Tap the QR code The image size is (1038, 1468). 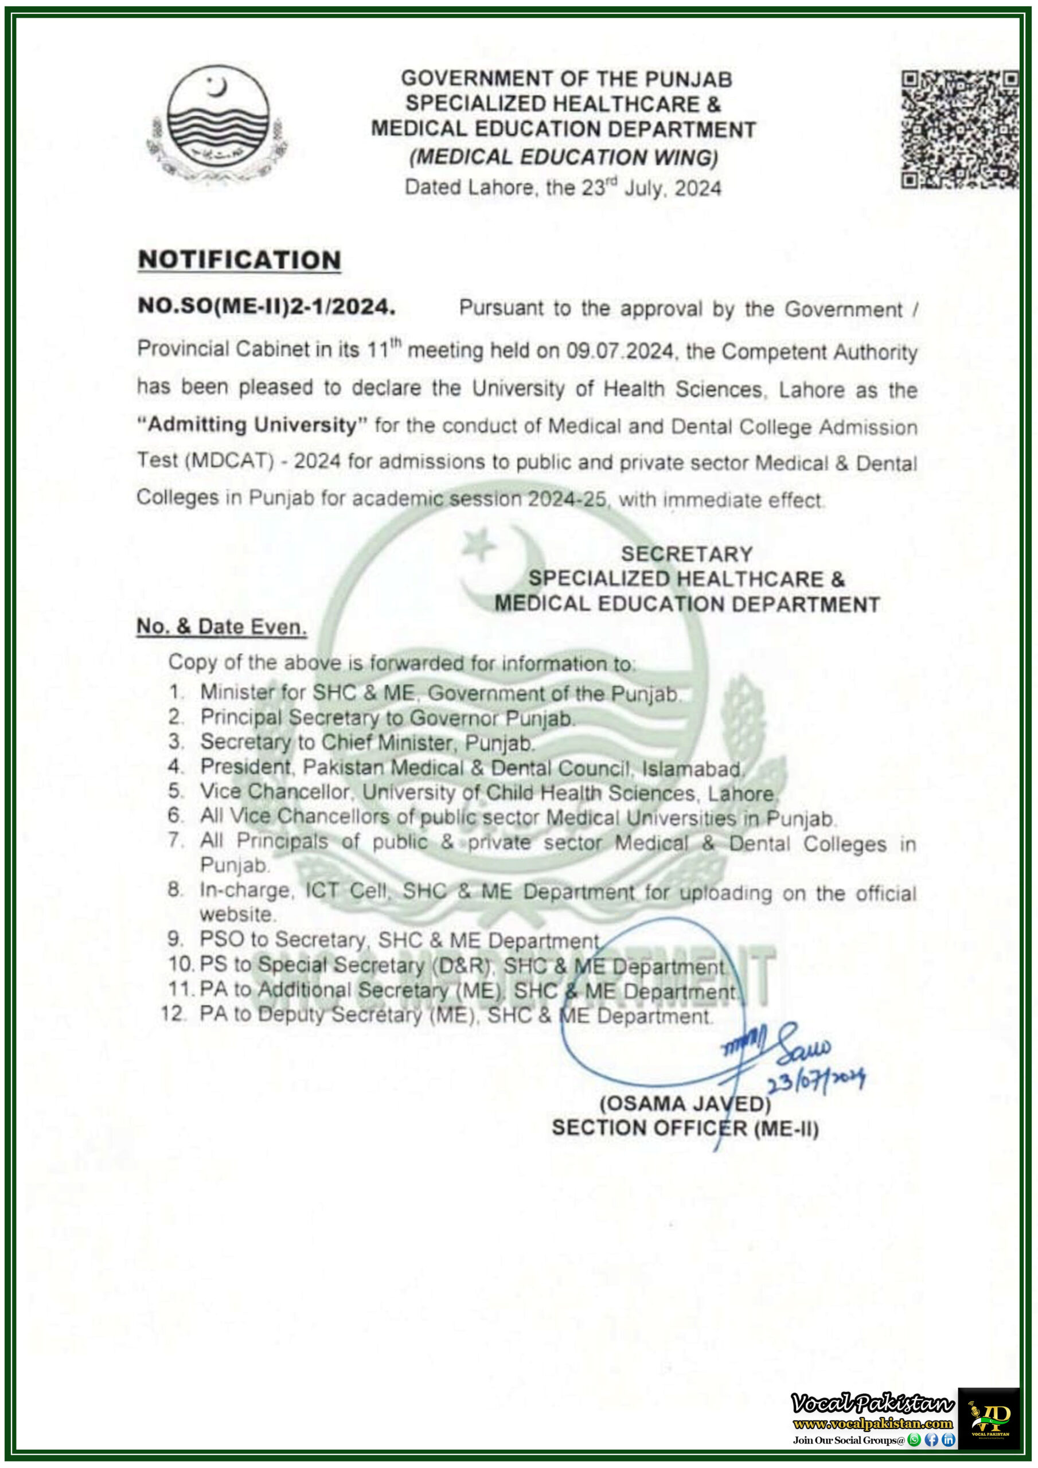coord(959,130)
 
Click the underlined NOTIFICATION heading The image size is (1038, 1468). coord(240,260)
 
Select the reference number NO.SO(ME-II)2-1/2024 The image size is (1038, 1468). coord(267,307)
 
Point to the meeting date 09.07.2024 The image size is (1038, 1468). coord(621,351)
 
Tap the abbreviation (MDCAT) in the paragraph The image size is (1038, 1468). coord(230,461)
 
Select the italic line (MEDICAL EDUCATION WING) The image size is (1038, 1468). coord(564,157)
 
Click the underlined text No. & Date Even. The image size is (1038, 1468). coord(222,627)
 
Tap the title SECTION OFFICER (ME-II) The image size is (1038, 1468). coord(685,1129)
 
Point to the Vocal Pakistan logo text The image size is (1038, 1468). coord(872,1403)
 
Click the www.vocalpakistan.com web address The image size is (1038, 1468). coord(872,1424)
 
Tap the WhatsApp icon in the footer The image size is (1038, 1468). coord(915,1440)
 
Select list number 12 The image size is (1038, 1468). coord(174,1014)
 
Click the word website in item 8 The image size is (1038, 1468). coord(238,914)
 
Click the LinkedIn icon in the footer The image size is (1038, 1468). coord(949,1440)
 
